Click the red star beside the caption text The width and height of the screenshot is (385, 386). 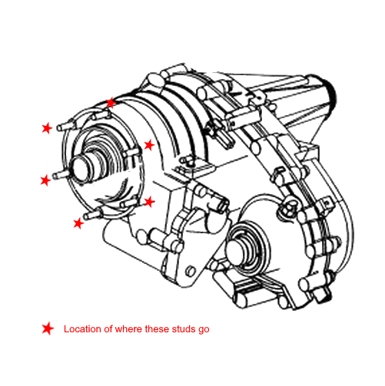(48, 328)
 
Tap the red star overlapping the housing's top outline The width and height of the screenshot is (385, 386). (111, 103)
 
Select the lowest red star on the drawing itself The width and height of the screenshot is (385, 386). (78, 223)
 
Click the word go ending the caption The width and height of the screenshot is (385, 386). (204, 330)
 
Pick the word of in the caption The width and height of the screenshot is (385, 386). (108, 328)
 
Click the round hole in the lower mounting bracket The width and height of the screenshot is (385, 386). (190, 271)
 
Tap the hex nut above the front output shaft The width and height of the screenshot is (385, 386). (287, 208)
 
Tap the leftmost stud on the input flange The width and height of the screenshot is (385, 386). (61, 176)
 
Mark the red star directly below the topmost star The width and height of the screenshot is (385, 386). (149, 145)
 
